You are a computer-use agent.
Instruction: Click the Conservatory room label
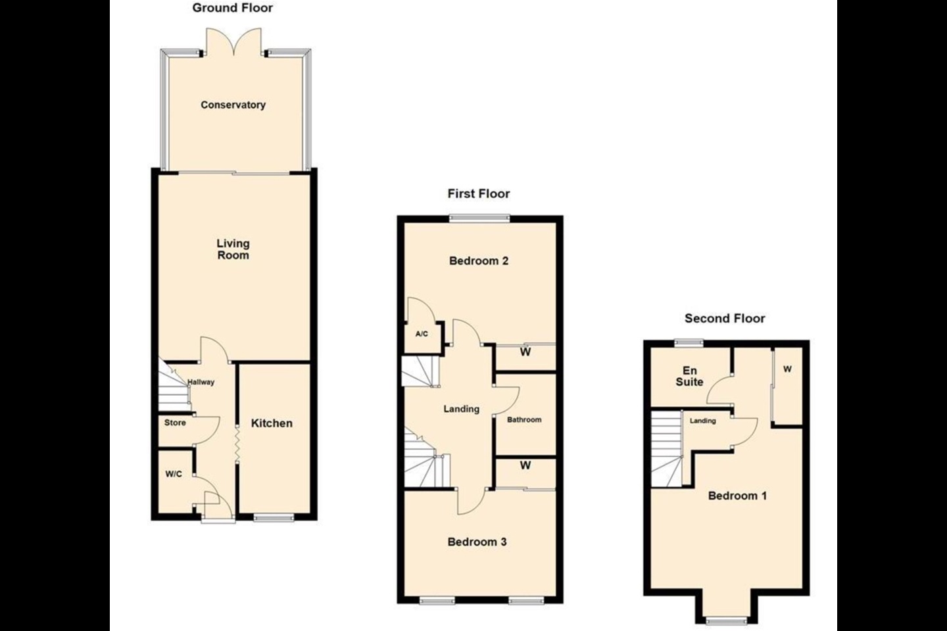[x=233, y=105]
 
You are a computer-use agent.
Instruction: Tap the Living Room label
[x=233, y=249]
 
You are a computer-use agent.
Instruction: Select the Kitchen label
[x=272, y=423]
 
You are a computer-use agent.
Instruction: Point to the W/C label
[x=174, y=474]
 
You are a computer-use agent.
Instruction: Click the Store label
[x=175, y=423]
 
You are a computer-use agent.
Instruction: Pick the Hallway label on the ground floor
[x=201, y=382]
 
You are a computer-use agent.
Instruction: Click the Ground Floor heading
[x=233, y=8]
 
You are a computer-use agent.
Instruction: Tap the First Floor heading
[x=479, y=193]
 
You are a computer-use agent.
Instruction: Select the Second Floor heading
[x=725, y=318]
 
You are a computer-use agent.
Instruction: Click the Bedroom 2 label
[x=479, y=261]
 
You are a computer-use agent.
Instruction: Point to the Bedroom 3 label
[x=477, y=542]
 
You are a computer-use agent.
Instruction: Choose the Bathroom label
[x=524, y=419]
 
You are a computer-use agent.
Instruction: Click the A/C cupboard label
[x=422, y=334]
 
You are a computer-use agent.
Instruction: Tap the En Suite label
[x=689, y=376]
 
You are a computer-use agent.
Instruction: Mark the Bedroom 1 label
[x=737, y=496]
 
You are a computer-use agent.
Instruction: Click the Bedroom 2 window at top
[x=479, y=218]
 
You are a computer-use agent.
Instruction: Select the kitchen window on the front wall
[x=274, y=517]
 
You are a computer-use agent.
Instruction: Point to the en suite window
[x=689, y=342]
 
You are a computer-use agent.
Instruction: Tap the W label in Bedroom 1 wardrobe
[x=787, y=369]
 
